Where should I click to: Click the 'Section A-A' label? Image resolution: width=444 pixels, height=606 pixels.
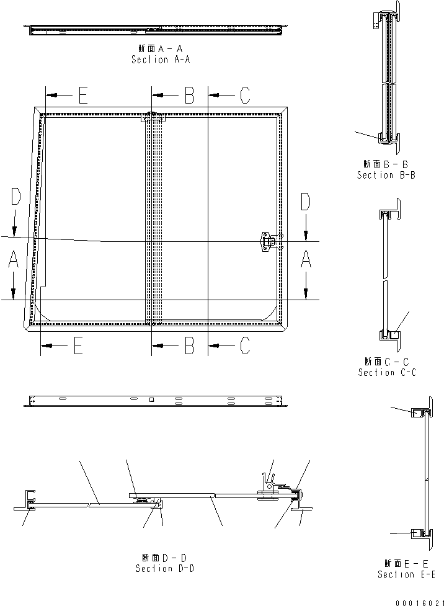[161, 60]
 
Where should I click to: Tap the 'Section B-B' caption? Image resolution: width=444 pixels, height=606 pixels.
[386, 175]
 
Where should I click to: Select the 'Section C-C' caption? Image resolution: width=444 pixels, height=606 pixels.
[387, 372]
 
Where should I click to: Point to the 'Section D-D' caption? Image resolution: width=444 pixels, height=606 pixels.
[164, 568]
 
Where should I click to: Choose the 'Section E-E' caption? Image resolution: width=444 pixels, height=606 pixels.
[405, 574]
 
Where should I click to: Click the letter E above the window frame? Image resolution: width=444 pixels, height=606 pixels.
[82, 96]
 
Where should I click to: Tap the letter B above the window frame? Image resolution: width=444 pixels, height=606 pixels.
[189, 96]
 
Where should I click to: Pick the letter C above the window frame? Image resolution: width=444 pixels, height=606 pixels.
[244, 96]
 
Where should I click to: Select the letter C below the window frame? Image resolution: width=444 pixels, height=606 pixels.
[244, 345]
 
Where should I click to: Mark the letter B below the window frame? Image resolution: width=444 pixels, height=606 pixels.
[189, 345]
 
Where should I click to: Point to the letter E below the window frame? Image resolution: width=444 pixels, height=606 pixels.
[78, 345]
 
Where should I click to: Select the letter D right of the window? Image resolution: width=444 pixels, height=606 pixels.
[305, 202]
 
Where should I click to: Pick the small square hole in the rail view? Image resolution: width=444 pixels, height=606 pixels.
[151, 400]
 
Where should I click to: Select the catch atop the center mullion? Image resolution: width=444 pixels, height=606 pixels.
[152, 117]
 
